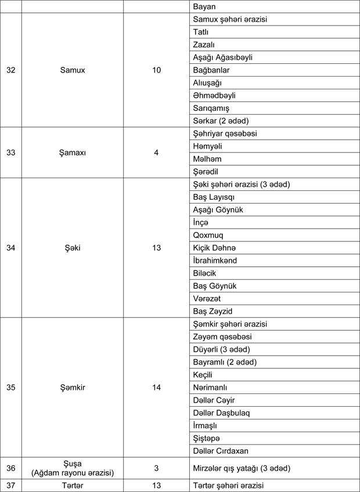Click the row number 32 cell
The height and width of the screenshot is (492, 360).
click(x=11, y=70)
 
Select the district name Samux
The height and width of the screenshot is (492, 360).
click(x=73, y=70)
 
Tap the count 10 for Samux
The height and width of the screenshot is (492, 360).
click(x=156, y=70)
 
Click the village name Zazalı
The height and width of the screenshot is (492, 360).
click(x=204, y=45)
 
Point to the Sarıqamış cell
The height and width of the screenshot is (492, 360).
click(x=211, y=108)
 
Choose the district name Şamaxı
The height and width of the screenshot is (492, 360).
click(x=73, y=153)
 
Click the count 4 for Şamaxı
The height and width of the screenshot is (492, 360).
click(x=156, y=153)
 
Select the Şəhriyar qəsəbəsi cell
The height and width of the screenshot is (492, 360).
click(x=225, y=133)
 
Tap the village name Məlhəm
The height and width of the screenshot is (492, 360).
click(x=207, y=159)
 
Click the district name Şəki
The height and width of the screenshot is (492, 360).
click(x=73, y=248)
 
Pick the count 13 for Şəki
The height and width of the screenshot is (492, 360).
click(x=156, y=248)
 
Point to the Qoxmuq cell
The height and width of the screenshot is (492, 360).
click(x=208, y=235)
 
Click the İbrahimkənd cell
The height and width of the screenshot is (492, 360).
click(x=215, y=261)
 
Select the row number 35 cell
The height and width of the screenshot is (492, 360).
click(x=11, y=388)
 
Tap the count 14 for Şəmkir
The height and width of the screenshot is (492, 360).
click(x=156, y=388)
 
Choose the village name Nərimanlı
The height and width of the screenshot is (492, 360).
click(x=210, y=388)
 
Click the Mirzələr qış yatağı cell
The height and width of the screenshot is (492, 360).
click(x=241, y=468)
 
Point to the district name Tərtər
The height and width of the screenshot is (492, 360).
click(x=73, y=486)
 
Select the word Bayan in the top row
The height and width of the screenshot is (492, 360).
click(x=204, y=6)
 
